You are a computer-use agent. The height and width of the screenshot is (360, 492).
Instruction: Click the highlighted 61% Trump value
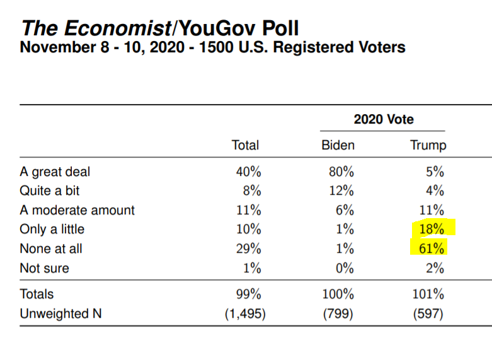tap(432, 248)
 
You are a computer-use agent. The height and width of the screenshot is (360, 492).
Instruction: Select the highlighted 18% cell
tap(432, 229)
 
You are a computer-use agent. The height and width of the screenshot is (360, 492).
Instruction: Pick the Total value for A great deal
tap(247, 171)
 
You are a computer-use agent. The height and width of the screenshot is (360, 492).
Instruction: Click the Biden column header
tap(338, 145)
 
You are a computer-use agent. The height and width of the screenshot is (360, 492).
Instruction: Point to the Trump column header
tap(428, 145)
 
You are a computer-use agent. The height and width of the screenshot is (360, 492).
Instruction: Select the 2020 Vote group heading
tap(384, 119)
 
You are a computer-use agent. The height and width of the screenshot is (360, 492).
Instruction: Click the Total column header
tap(245, 145)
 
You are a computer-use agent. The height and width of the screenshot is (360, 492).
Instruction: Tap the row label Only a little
tap(52, 229)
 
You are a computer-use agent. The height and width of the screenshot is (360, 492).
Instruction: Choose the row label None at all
tap(51, 249)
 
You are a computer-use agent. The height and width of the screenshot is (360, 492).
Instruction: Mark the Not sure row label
tap(45, 268)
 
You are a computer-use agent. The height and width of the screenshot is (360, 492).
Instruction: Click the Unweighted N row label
tap(61, 313)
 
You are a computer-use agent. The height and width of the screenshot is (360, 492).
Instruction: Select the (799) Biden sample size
tap(339, 313)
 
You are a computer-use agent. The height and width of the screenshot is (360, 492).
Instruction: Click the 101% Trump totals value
tap(429, 294)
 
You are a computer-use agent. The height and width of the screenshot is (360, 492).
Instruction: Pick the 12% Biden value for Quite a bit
tap(343, 190)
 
